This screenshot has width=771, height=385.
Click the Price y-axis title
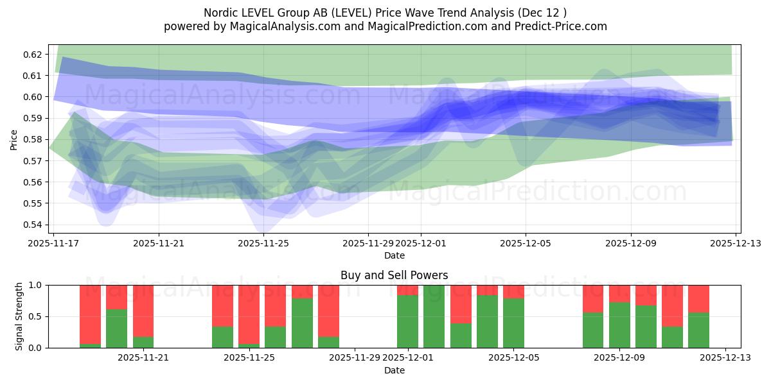(14, 139)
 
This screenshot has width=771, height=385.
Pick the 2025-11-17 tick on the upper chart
(54, 243)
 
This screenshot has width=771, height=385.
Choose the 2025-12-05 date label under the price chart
(526, 243)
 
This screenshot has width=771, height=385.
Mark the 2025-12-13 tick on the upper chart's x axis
(736, 243)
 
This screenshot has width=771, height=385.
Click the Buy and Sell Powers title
(394, 275)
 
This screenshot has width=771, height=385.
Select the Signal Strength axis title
(19, 316)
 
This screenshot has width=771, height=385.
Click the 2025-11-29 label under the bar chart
(355, 357)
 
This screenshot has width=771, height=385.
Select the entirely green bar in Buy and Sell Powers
(434, 316)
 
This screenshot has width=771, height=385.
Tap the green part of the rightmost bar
(698, 330)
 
